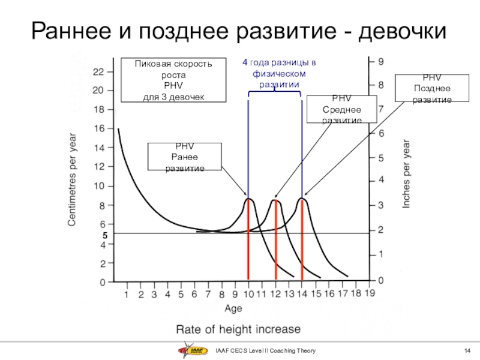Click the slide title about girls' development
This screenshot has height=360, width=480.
(239, 30)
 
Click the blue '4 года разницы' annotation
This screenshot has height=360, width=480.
(279, 74)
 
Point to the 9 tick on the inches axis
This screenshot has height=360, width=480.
(381, 61)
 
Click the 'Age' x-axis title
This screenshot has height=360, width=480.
(233, 309)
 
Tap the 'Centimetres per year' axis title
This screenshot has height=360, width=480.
(71, 179)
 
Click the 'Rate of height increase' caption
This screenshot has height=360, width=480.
(238, 329)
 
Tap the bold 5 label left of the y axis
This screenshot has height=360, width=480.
(103, 236)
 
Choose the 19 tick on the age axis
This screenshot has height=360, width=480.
(370, 294)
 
